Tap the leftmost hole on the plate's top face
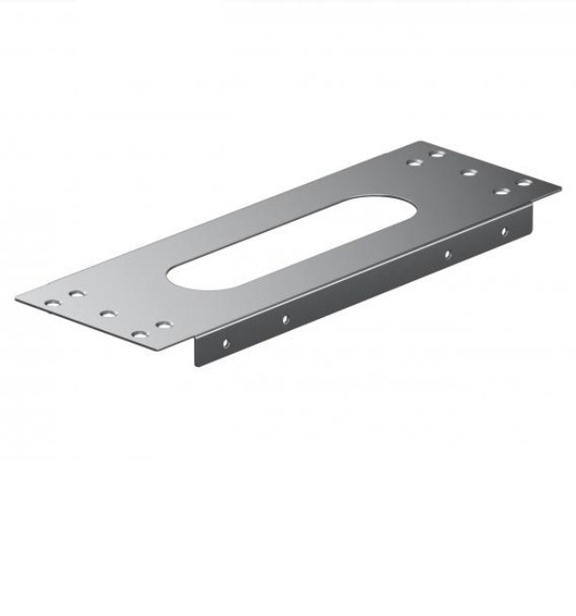click(53, 304)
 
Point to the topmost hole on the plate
click(438, 152)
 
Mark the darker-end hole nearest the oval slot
click(416, 161)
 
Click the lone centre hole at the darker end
click(468, 173)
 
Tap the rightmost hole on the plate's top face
click(524, 181)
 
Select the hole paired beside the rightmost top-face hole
click(502, 191)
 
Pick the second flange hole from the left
click(284, 320)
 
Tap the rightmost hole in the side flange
click(504, 231)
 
